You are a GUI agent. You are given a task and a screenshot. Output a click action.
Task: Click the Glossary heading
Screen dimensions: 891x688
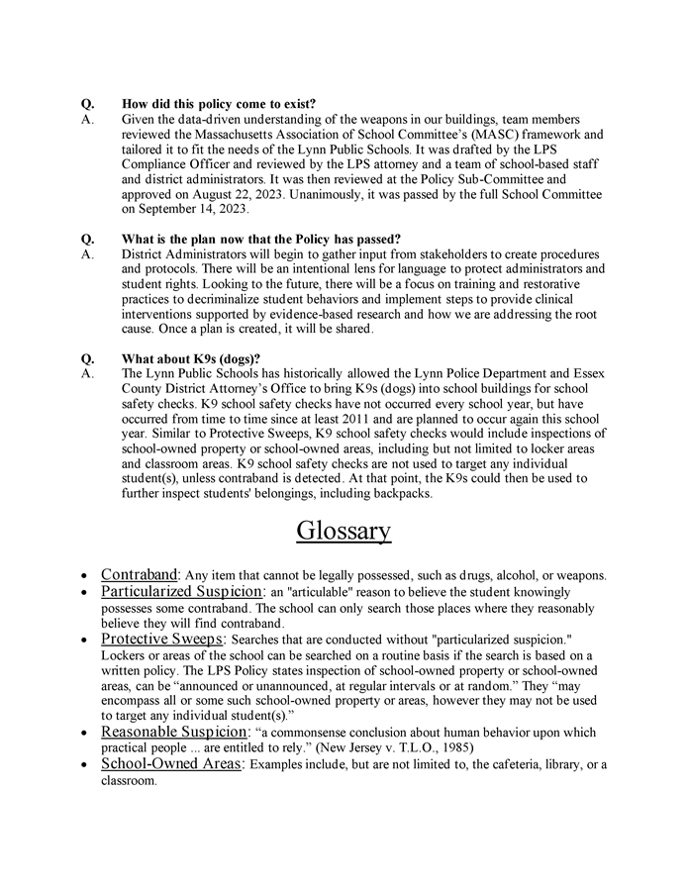pos(344,531)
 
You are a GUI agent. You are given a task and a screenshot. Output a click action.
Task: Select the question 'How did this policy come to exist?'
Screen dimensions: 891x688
pos(219,104)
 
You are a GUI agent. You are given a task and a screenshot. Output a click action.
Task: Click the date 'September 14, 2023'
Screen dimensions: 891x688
pos(177,210)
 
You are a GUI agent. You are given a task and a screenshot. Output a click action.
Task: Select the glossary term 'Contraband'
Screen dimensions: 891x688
pos(139,575)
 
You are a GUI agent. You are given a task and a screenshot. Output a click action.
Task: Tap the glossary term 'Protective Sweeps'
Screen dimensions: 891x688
pos(163,640)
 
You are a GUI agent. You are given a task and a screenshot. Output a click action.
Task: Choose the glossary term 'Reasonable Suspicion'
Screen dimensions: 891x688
pos(173,733)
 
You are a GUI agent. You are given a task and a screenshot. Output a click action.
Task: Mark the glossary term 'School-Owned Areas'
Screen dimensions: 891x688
pos(171,764)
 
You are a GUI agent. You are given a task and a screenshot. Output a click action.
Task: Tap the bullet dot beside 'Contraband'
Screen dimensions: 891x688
pos(87,576)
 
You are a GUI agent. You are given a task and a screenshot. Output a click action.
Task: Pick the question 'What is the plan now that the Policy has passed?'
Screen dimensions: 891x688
pos(261,239)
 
